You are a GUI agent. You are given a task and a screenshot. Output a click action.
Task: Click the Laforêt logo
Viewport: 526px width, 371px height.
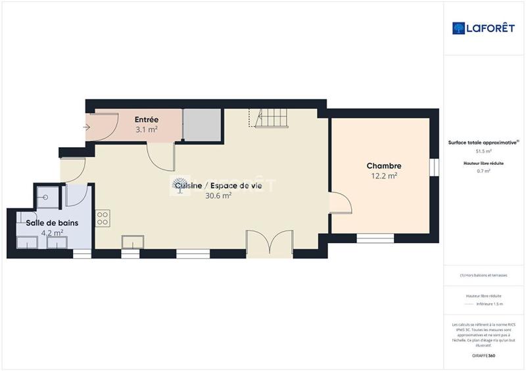pyautogui.click(x=479, y=28)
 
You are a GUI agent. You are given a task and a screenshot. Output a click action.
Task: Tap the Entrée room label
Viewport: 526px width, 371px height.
pyautogui.click(x=146, y=120)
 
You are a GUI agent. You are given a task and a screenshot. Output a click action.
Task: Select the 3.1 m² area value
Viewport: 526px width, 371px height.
pyautogui.click(x=146, y=129)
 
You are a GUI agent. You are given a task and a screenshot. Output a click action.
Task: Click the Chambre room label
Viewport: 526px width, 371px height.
pyautogui.click(x=384, y=166)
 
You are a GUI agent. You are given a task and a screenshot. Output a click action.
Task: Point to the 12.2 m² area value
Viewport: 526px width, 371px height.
pyautogui.click(x=384, y=176)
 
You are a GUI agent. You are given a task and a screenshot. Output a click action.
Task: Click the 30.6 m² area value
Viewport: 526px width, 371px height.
pyautogui.click(x=218, y=196)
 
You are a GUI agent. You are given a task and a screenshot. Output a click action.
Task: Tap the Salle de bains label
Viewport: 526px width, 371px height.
pyautogui.click(x=52, y=223)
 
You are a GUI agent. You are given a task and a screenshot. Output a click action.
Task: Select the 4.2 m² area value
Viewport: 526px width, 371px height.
pyautogui.click(x=52, y=232)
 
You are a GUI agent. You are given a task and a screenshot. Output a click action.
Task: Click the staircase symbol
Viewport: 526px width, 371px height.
pyautogui.click(x=269, y=118)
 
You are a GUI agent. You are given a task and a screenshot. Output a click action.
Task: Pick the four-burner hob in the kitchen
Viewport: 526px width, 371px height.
pyautogui.click(x=102, y=218)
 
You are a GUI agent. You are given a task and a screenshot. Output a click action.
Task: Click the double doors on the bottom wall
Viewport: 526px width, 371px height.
pyautogui.click(x=270, y=243)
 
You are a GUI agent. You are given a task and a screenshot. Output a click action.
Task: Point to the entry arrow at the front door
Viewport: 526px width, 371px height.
pyautogui.click(x=85, y=127)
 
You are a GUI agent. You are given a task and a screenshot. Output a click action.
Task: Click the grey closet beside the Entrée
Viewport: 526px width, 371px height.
pyautogui.click(x=201, y=124)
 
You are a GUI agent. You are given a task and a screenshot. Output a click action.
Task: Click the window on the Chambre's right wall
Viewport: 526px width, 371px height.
pyautogui.click(x=434, y=167)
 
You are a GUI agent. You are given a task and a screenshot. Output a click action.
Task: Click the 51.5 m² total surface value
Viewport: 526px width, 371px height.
pyautogui.click(x=483, y=151)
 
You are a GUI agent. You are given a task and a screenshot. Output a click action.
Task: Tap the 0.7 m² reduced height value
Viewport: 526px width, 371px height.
pyautogui.click(x=483, y=171)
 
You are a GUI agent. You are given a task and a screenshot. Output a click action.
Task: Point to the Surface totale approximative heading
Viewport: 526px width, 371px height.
pyautogui.click(x=483, y=142)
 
